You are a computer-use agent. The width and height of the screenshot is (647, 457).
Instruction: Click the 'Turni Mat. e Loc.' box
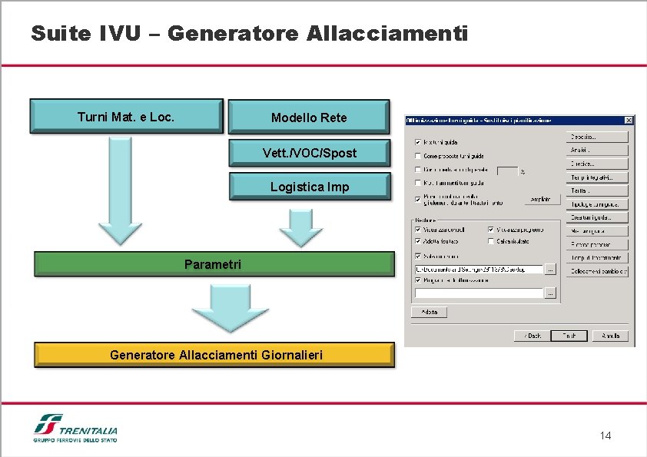tap(126, 117)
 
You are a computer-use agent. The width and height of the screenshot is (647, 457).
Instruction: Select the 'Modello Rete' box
tap(308, 118)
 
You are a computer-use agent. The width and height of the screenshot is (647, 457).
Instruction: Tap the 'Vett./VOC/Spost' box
tap(309, 153)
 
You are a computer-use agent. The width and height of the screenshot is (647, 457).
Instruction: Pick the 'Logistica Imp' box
tap(309, 187)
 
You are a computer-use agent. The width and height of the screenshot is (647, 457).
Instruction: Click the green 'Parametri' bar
tap(213, 264)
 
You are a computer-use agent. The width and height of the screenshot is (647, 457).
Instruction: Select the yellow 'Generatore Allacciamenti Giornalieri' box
tap(215, 355)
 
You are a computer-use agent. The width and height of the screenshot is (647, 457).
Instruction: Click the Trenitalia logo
tap(75, 428)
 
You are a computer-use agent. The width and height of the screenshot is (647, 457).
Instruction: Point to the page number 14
tap(606, 436)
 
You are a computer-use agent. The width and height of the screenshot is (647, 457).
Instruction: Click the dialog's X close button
tap(629, 121)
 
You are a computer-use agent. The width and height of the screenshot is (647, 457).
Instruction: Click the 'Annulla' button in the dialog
tap(611, 336)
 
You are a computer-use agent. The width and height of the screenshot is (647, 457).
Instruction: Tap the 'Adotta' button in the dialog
tap(428, 312)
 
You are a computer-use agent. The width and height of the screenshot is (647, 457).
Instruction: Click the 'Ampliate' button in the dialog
tap(541, 200)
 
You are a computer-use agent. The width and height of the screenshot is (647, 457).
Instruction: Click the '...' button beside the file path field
tap(550, 269)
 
